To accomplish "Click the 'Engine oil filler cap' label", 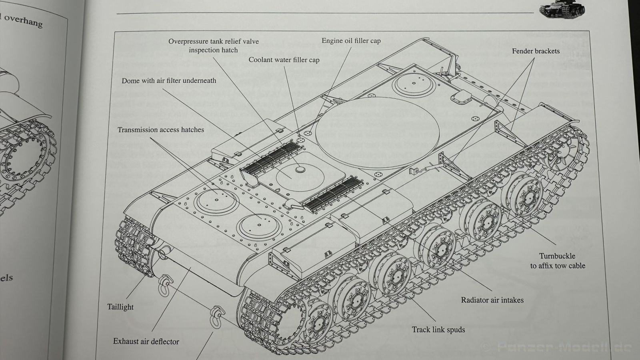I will (x=351, y=41).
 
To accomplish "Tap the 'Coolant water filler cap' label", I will (x=284, y=60).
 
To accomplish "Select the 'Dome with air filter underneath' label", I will (x=169, y=81).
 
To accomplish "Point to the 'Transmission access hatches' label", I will (x=161, y=130).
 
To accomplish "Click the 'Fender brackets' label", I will (x=536, y=51).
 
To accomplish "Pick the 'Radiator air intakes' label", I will (x=492, y=300).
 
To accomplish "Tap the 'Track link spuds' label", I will (x=438, y=330).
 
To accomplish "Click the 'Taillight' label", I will (x=120, y=307).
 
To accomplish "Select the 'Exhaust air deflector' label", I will (x=146, y=342).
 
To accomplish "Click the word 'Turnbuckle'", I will (x=557, y=256).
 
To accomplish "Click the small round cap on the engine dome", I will (x=299, y=170).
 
